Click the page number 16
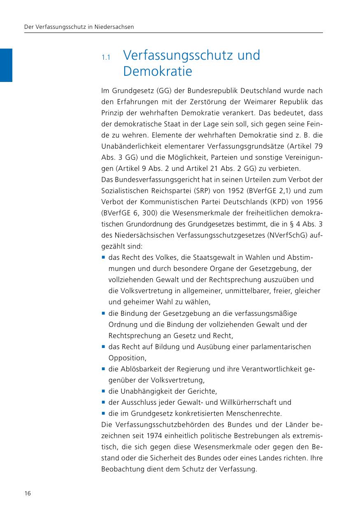(x=28, y=494)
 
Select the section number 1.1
(x=106, y=57)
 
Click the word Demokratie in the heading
(x=157, y=72)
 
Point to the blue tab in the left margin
(x=6, y=65)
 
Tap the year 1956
(x=314, y=202)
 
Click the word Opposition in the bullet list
(x=127, y=358)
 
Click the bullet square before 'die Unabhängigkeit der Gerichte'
(x=103, y=391)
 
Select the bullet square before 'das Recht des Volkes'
(x=103, y=258)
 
